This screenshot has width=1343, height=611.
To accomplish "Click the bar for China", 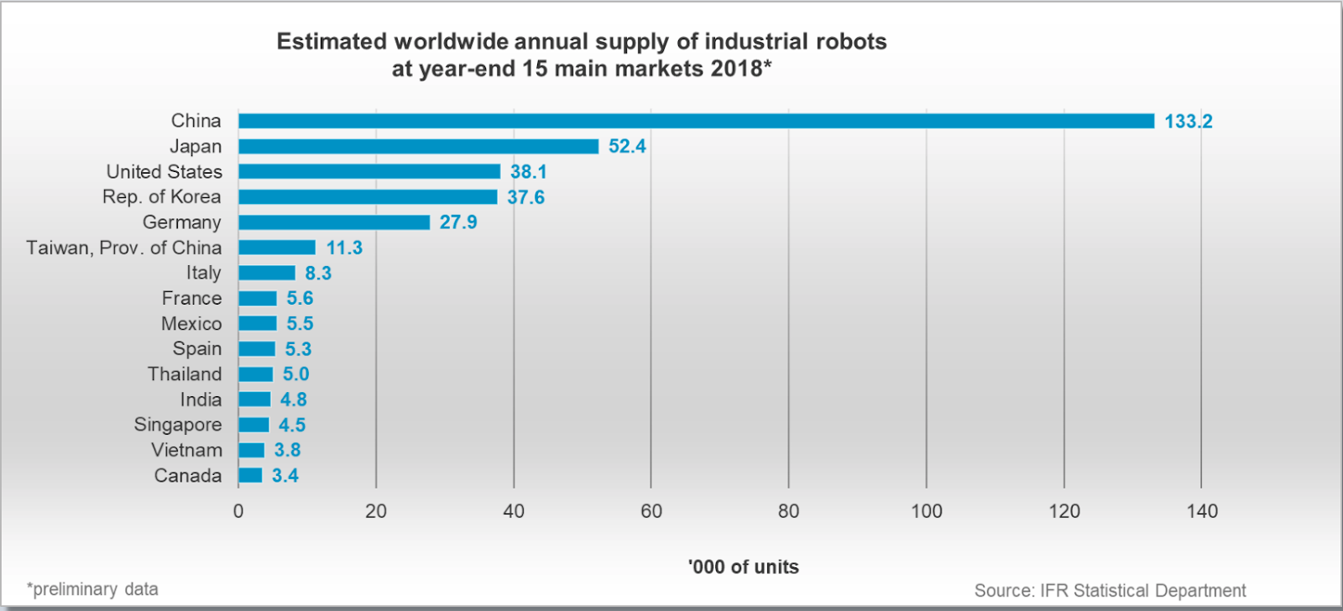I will tap(696, 121).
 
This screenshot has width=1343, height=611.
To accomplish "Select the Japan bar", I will tap(418, 146).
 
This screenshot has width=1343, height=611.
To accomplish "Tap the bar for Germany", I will tap(333, 222).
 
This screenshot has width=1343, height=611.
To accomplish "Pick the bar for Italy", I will tap(266, 273).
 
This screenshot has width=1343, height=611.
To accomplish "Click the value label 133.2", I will tap(1188, 122).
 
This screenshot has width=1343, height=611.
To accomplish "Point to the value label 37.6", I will tap(525, 197).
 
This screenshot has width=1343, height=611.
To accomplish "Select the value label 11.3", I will tap(344, 248).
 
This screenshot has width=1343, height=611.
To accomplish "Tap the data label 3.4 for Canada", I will tap(285, 476).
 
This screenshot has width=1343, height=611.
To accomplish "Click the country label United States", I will tap(164, 172).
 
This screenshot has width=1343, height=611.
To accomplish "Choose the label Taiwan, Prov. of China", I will tap(123, 248).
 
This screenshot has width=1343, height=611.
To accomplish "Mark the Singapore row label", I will tap(177, 425).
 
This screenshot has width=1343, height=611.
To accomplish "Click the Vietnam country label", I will tap(186, 450).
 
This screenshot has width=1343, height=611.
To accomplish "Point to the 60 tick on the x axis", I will tap(651, 511).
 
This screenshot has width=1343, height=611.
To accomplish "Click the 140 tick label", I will tap(1201, 511).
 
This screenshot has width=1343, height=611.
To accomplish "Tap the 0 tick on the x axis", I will tap(238, 511).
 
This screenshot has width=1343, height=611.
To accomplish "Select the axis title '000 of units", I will tap(743, 567).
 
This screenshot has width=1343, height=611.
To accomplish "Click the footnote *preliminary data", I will tap(92, 589).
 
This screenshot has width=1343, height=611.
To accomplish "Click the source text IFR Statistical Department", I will tap(1142, 591).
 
